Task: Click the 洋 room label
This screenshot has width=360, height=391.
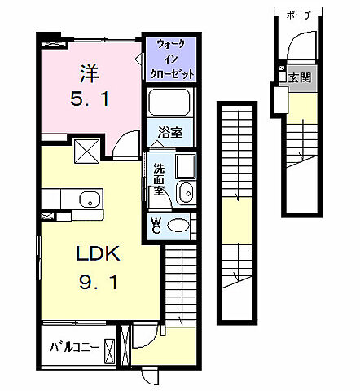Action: (x=90, y=73)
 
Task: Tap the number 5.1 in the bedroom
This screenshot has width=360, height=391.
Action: (x=90, y=99)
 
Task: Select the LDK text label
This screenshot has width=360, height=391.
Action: (x=98, y=253)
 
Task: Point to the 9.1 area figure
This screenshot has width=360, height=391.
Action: (x=99, y=282)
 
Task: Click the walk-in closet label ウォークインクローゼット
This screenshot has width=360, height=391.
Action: (x=172, y=59)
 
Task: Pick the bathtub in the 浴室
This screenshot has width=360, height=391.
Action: (x=169, y=102)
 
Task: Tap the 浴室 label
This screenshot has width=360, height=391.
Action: (x=170, y=132)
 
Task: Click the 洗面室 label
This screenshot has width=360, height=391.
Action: (x=159, y=179)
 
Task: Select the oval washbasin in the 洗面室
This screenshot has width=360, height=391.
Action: (x=185, y=192)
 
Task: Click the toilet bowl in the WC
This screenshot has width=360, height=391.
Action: (x=178, y=225)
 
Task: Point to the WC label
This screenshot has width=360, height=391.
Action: (x=156, y=226)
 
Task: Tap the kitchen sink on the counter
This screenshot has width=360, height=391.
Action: (x=90, y=199)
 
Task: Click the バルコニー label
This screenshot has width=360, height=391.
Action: (x=74, y=347)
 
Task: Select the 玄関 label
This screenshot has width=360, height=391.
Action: (x=300, y=78)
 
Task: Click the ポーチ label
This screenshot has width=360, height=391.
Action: (x=299, y=15)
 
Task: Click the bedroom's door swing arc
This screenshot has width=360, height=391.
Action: (x=121, y=138)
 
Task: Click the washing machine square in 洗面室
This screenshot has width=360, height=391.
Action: (x=186, y=166)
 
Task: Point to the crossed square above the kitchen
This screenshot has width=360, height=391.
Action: (x=87, y=151)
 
